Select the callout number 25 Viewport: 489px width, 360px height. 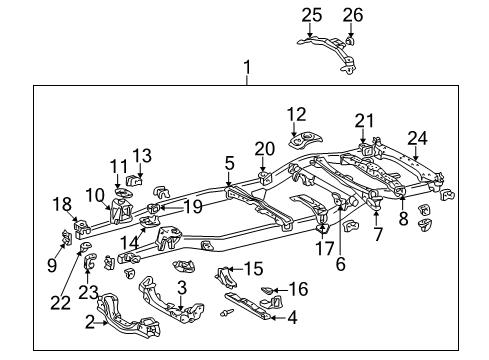click(311, 14)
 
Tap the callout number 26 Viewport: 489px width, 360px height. click(352, 14)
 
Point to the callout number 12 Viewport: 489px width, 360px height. click(297, 113)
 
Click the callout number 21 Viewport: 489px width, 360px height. click(363, 119)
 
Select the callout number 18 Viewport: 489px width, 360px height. click(60, 204)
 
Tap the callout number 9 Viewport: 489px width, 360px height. click(53, 266)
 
